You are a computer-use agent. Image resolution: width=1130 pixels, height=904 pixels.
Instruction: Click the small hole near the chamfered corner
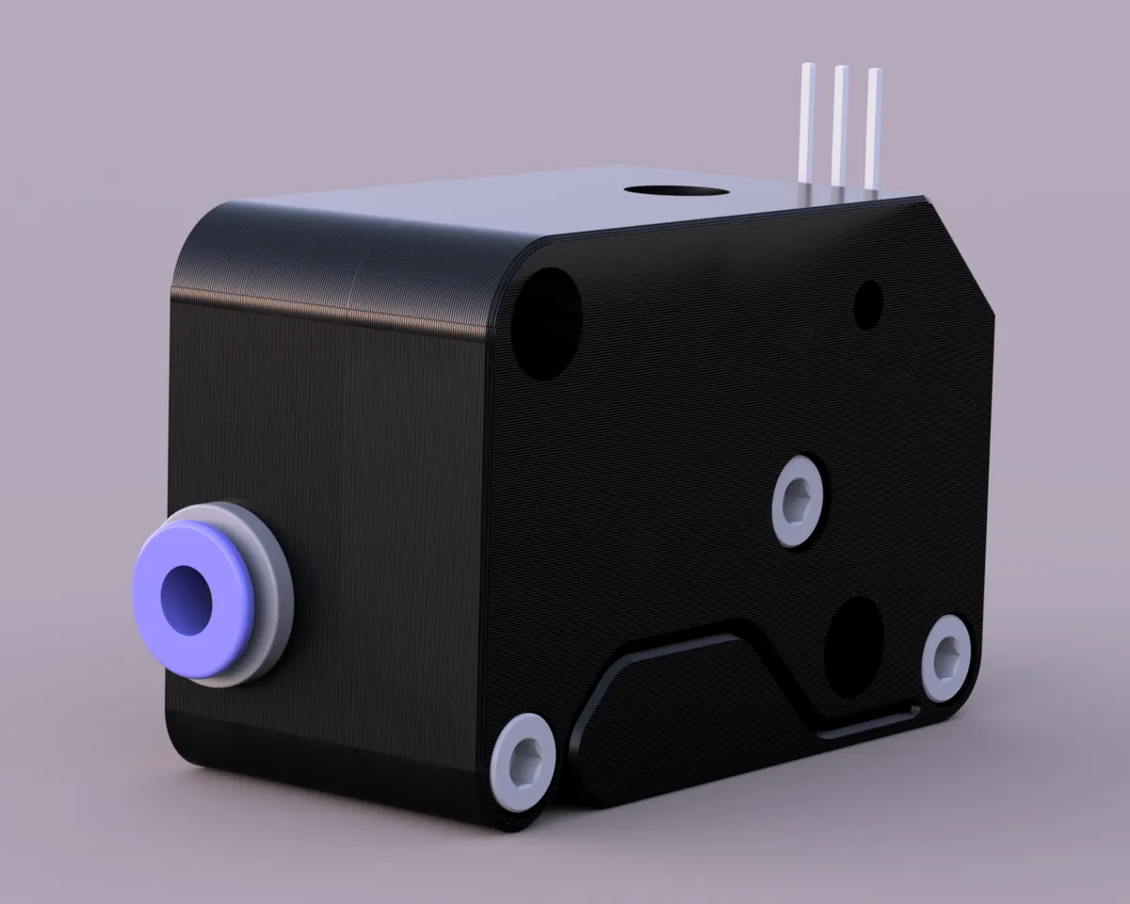(867, 304)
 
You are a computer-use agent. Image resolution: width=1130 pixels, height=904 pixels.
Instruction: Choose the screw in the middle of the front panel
(799, 501)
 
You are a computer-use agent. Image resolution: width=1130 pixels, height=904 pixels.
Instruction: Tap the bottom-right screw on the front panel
(945, 657)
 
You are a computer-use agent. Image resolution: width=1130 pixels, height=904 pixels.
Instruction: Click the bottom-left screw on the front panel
(524, 762)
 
